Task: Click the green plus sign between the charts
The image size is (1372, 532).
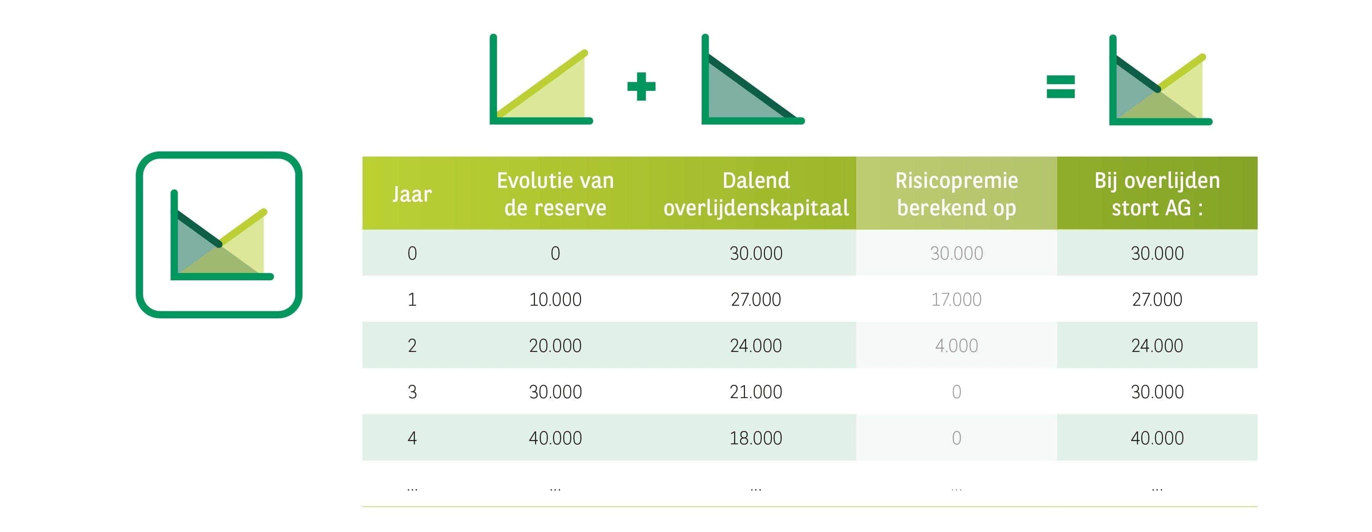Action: coord(641,87)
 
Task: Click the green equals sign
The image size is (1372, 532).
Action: coord(1060,87)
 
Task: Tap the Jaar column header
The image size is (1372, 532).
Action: coord(412,194)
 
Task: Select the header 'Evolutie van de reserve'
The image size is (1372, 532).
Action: coord(555,194)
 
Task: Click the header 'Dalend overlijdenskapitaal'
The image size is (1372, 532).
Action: coord(756,194)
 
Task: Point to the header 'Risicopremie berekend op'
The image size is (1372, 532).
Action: coord(957,194)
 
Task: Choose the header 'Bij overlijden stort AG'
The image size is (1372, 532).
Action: coord(1157,194)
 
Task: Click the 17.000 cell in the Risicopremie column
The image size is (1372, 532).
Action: coord(957,299)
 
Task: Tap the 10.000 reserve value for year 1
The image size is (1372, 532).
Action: coord(555,299)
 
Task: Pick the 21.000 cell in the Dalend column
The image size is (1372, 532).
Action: coord(756,392)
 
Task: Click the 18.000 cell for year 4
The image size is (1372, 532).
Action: coord(756,438)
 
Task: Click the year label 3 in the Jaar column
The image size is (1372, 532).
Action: coord(412,392)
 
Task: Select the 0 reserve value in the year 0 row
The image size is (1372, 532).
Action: coord(555,253)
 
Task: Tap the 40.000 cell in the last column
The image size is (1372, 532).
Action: coord(1157,438)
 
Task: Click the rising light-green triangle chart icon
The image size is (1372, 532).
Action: coord(541,80)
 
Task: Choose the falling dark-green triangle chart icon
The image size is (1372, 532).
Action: coord(752,80)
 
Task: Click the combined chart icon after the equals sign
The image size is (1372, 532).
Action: coord(1160,80)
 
